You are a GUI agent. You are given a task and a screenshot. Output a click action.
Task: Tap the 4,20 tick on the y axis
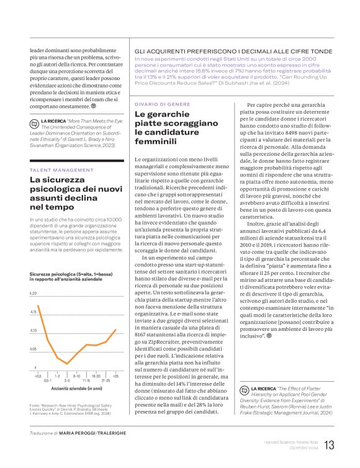point(34,292)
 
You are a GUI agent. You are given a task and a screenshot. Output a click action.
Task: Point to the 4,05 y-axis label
point(34,349)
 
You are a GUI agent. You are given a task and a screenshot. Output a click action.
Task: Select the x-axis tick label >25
point(115,376)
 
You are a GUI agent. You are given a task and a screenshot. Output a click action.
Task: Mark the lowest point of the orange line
point(67,364)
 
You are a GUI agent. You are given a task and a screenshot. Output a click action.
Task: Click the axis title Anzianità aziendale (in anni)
point(76,387)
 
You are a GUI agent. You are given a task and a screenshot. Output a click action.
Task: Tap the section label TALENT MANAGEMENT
point(58,169)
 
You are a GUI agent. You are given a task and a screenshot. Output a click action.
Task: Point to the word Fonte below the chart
point(37,404)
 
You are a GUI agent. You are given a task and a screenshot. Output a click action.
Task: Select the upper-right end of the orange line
point(116,330)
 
